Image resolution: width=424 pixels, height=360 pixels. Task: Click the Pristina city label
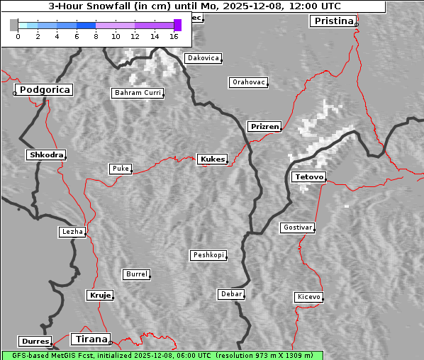coord(333,21)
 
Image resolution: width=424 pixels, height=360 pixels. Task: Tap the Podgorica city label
coord(45,90)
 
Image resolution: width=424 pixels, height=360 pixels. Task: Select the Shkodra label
coord(46,154)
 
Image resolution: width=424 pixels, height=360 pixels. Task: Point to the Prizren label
coord(264,127)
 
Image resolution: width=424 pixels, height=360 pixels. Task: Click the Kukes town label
coord(212,159)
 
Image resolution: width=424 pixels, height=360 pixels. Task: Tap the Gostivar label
coord(297,227)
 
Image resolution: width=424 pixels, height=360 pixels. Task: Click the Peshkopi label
coord(208,255)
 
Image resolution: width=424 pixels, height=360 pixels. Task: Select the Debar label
coord(231,294)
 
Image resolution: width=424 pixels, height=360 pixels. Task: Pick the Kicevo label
coord(308,297)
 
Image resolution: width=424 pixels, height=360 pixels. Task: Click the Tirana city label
coord(90,339)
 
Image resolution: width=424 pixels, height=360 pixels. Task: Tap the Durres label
coord(35,342)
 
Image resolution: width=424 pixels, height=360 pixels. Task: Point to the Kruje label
coord(100,295)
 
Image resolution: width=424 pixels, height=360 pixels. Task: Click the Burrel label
coord(136,274)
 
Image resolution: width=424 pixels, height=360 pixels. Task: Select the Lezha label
coord(72,232)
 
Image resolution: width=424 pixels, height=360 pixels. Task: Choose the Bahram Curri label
coord(138,93)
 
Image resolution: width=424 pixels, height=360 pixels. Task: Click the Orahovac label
coord(248,82)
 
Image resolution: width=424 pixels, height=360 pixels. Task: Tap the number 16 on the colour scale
coord(174,36)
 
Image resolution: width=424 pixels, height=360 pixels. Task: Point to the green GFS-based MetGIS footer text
coord(162,355)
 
